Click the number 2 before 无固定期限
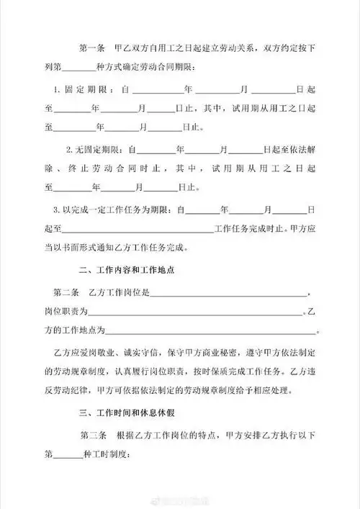tap(68, 150)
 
